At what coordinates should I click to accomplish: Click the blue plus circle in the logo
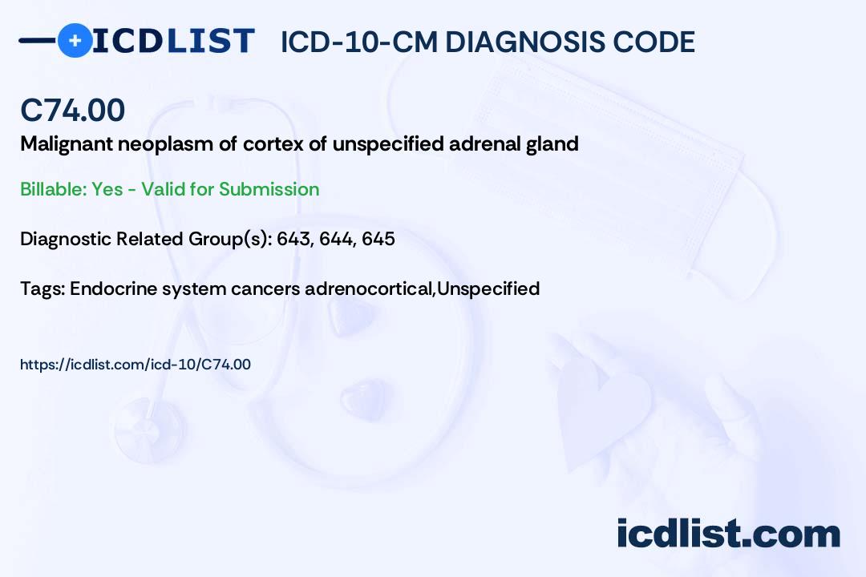pos(75,40)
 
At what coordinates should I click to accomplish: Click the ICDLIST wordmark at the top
pos(173,40)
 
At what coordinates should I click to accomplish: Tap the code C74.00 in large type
pos(72,110)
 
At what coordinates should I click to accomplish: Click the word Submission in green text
pos(269,189)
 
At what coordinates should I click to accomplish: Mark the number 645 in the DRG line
pos(378,239)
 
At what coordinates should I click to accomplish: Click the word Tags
pos(42,288)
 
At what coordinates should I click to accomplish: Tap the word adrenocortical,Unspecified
pos(422,288)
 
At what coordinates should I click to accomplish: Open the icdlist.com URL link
pos(135,365)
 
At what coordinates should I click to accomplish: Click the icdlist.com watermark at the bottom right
pos(728,534)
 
